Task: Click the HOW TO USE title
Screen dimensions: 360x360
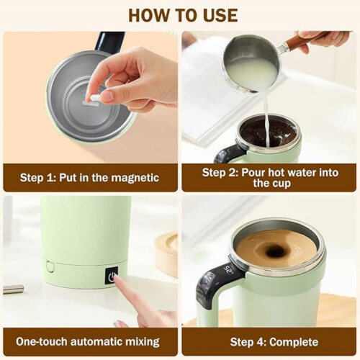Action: coord(183,15)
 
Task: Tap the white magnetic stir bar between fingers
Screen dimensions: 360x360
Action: coord(94,98)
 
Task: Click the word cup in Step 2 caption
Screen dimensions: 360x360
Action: coord(282,184)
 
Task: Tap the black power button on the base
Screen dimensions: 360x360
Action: coord(112,276)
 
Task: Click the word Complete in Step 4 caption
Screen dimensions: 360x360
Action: coord(294,342)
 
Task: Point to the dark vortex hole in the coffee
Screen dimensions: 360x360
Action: coord(274,252)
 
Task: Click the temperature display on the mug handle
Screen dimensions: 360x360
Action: coord(228,270)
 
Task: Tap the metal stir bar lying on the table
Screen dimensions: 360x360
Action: coord(14,289)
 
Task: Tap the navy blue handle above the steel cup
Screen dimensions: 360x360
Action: coord(109,41)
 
